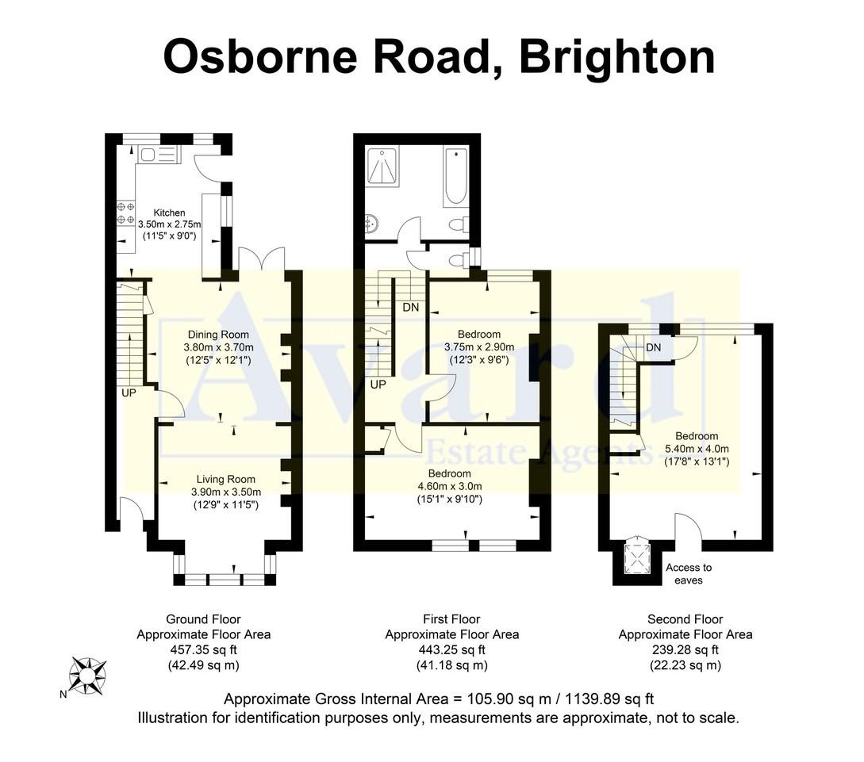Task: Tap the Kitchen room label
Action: coord(169,213)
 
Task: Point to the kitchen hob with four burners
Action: coord(125,213)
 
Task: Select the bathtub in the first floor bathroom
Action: coord(455,177)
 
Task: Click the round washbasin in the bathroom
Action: coord(371,225)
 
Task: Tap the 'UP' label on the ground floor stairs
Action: coord(129,392)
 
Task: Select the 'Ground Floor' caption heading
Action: coord(203,619)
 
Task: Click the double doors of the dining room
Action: coord(261,259)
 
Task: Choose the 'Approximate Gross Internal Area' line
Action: coord(439,699)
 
